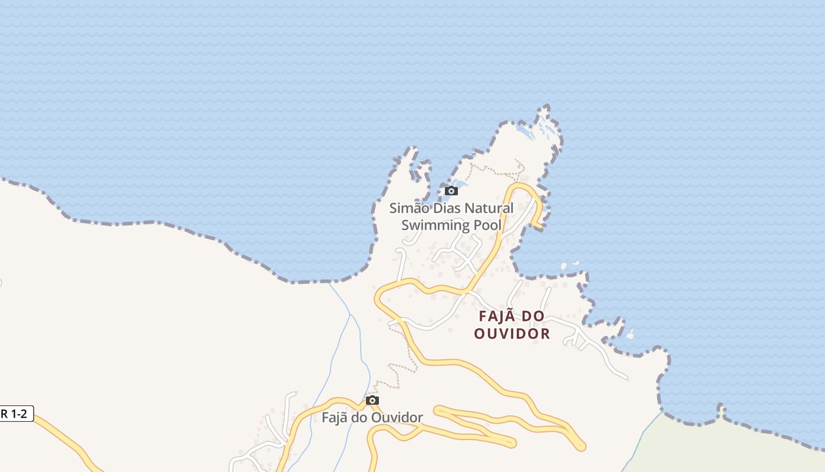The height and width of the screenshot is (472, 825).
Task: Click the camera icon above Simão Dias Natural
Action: click(x=451, y=191)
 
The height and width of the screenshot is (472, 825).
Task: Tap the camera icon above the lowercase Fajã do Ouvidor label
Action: click(x=372, y=401)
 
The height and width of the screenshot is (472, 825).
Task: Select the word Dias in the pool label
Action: click(x=447, y=208)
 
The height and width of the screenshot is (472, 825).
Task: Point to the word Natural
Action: click(x=489, y=208)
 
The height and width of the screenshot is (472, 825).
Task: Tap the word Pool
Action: click(x=487, y=225)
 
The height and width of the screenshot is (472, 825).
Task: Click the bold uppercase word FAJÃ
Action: click(x=494, y=317)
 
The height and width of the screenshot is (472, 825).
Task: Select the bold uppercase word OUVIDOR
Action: click(x=512, y=334)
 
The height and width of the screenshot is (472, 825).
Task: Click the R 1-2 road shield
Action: click(x=15, y=414)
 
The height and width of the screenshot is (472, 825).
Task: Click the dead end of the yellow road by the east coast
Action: click(x=539, y=226)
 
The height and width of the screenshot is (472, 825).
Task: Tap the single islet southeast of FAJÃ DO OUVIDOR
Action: click(x=631, y=335)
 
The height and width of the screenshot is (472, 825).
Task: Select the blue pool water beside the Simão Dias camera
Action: click(x=459, y=183)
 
